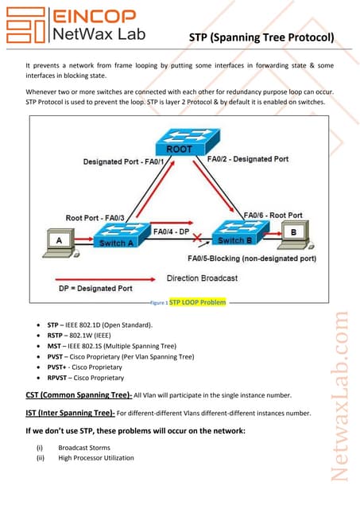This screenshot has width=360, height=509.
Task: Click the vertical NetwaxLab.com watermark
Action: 341,406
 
